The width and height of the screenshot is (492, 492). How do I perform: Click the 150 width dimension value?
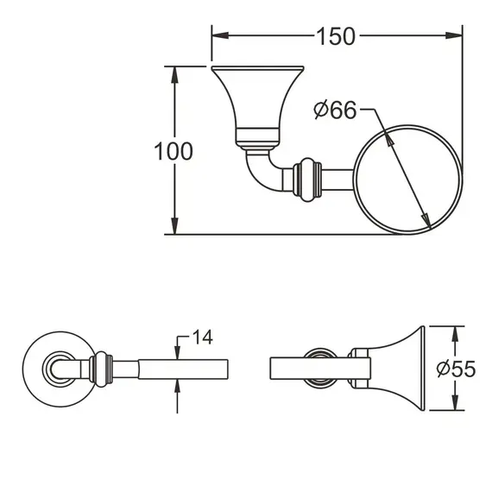(336, 36)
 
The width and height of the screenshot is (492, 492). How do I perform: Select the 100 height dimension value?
(173, 152)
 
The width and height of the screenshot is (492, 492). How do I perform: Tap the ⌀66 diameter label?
(336, 110)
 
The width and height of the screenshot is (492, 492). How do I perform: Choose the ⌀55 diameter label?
(457, 369)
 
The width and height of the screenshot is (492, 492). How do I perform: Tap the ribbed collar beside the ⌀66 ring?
(309, 179)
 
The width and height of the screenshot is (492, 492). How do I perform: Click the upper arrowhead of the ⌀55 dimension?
(457, 332)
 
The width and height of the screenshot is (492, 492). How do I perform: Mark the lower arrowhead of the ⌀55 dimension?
(457, 406)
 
